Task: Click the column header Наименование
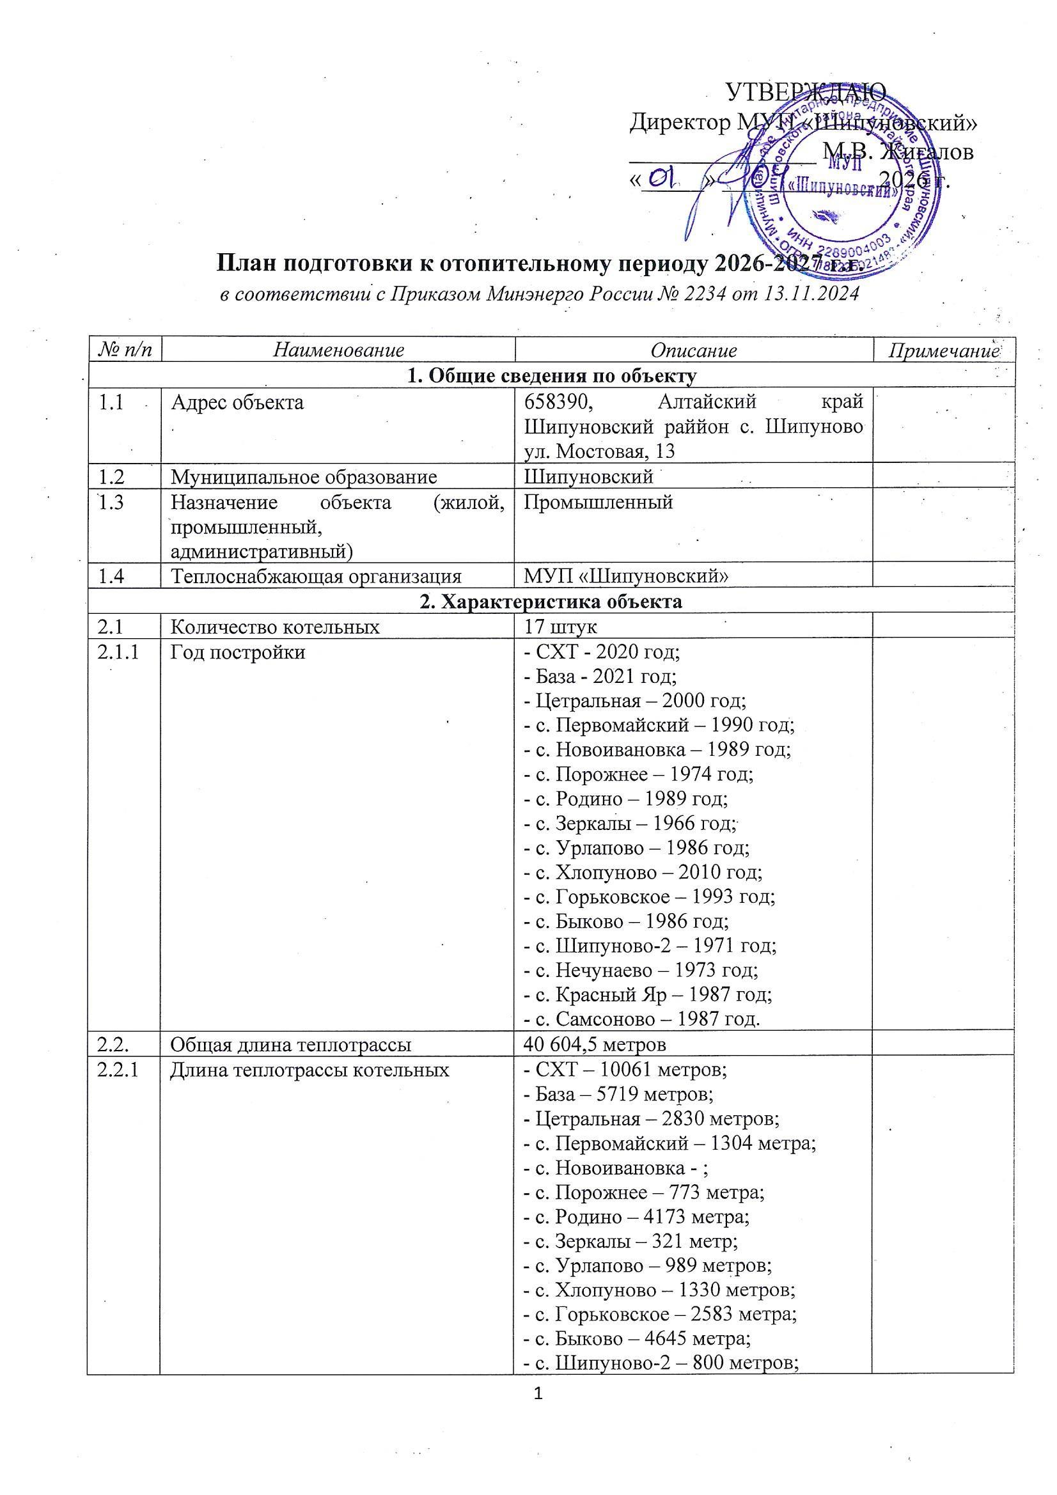click(x=338, y=350)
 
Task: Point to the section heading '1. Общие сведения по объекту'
click(x=551, y=376)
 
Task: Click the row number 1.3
click(x=113, y=503)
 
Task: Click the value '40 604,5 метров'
click(x=595, y=1044)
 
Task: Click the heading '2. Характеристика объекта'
click(x=551, y=602)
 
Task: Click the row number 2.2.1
click(x=118, y=1069)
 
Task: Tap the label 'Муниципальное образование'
click(x=304, y=477)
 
